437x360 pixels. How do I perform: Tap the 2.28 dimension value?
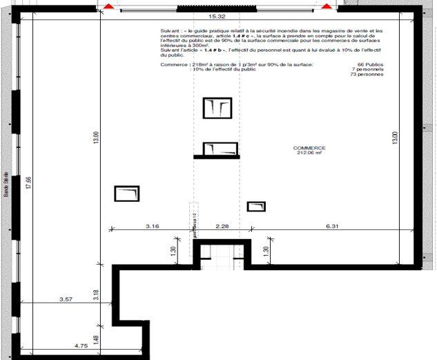click(x=222, y=225)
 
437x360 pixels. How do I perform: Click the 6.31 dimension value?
click(x=332, y=225)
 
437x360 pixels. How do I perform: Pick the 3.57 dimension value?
click(x=66, y=299)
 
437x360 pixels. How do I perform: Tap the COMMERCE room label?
click(x=309, y=149)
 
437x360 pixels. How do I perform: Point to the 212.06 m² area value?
click(x=309, y=154)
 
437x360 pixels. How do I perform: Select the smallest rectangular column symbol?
click(x=256, y=206)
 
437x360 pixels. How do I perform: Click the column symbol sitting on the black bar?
click(x=220, y=149)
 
